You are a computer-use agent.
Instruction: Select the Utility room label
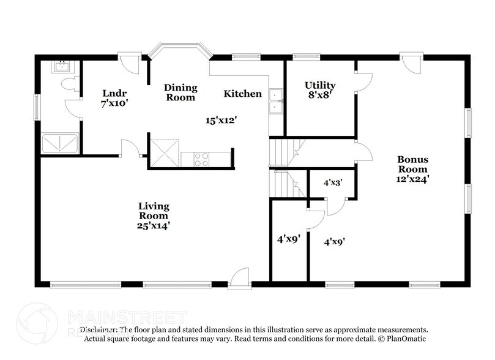(x=320, y=84)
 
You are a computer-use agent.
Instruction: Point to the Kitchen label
(x=242, y=94)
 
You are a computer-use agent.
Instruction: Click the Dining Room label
(x=180, y=92)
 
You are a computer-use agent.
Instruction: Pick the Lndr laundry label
(x=114, y=93)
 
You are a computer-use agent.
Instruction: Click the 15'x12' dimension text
(x=221, y=121)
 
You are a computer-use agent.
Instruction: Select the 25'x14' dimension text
(x=154, y=225)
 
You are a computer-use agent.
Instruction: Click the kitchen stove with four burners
(x=202, y=159)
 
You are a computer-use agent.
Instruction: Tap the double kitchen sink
(x=276, y=102)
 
